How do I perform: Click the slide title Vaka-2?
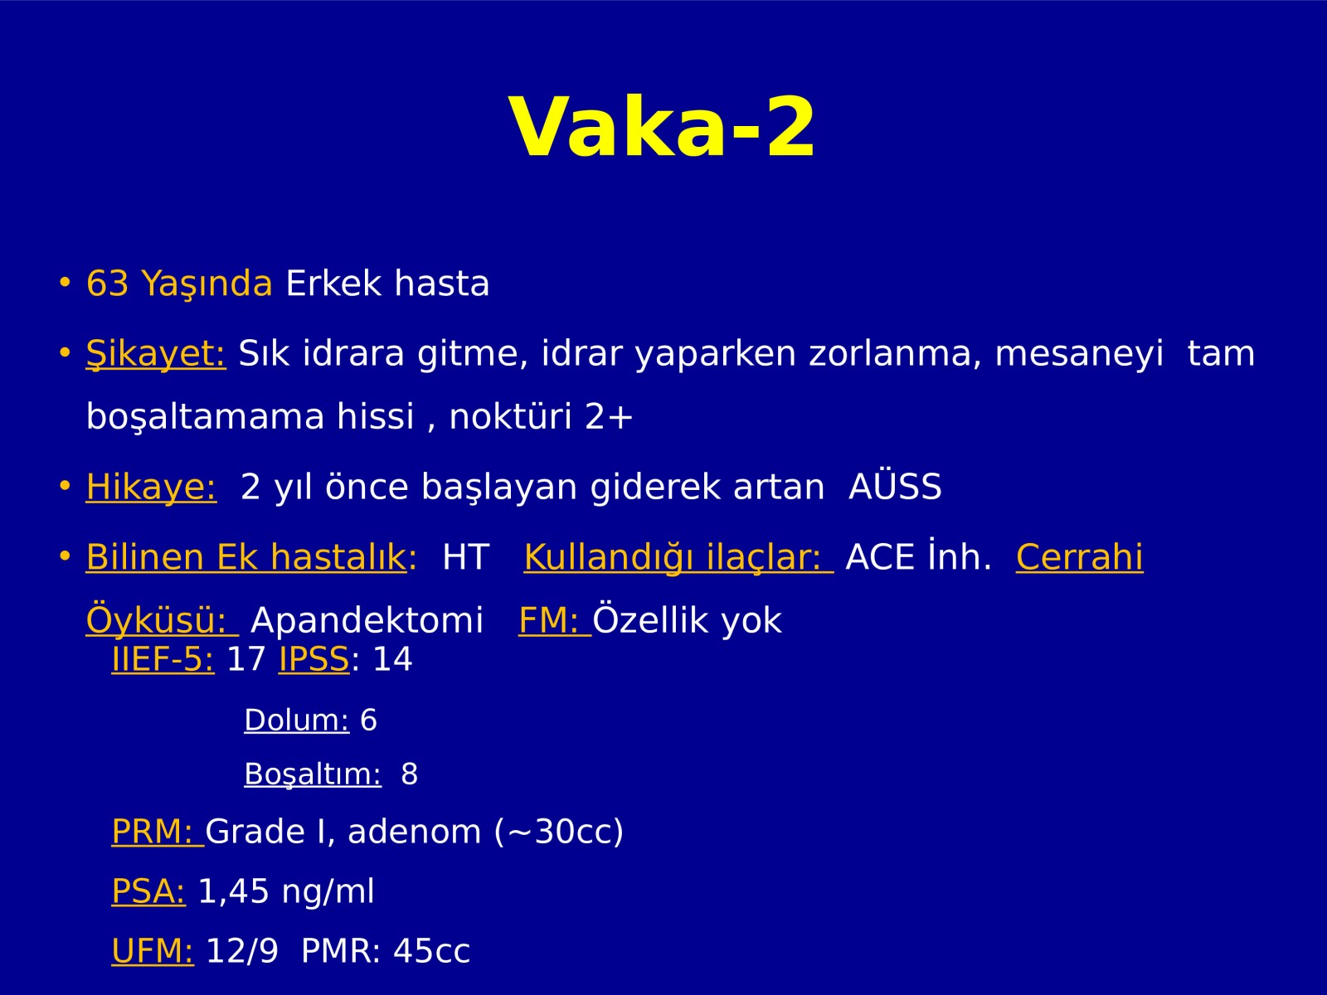(x=663, y=128)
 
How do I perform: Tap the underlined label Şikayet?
(x=156, y=354)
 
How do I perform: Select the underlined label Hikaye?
(x=151, y=488)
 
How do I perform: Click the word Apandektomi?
(x=367, y=620)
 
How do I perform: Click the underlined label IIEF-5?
(x=163, y=658)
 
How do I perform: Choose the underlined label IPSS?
(x=314, y=658)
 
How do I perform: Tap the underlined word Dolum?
(x=297, y=720)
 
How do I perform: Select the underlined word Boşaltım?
(x=313, y=774)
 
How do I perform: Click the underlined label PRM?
(x=158, y=832)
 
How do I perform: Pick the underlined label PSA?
(x=148, y=891)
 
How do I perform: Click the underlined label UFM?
(x=153, y=951)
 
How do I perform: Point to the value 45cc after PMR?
(x=431, y=951)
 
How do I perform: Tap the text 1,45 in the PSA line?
(x=233, y=891)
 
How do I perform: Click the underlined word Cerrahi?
(x=1080, y=556)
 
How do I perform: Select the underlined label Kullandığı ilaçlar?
(x=678, y=557)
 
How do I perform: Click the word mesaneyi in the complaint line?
(x=1079, y=354)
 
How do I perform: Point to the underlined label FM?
(x=555, y=620)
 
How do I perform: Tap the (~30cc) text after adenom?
(x=559, y=832)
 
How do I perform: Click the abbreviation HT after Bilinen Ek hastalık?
(x=465, y=557)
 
